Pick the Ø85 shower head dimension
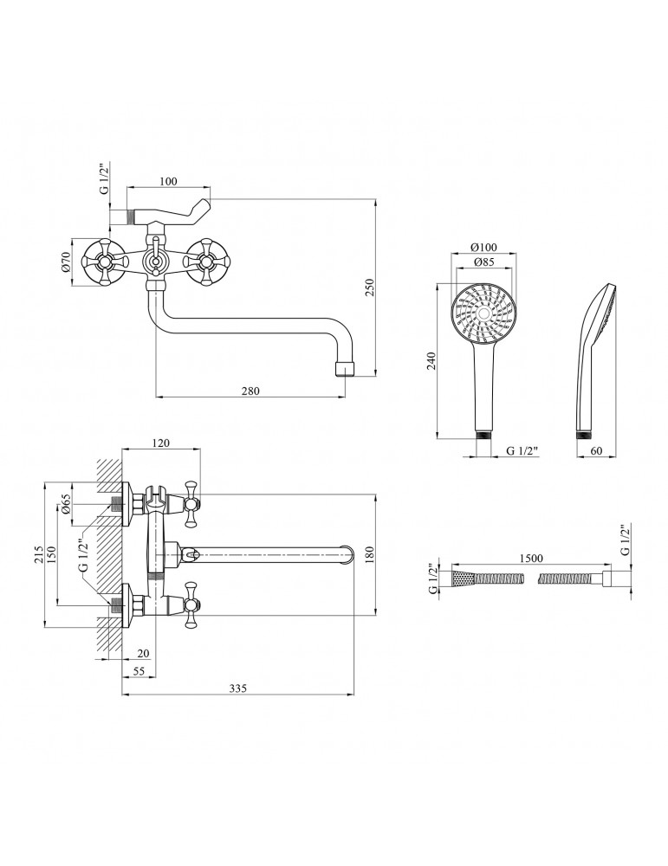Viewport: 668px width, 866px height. (x=483, y=262)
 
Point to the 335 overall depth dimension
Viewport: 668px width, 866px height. (x=238, y=688)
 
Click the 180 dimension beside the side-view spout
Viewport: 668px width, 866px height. (x=370, y=553)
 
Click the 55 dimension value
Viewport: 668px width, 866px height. (x=139, y=671)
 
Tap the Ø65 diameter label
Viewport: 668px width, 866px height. (x=67, y=503)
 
